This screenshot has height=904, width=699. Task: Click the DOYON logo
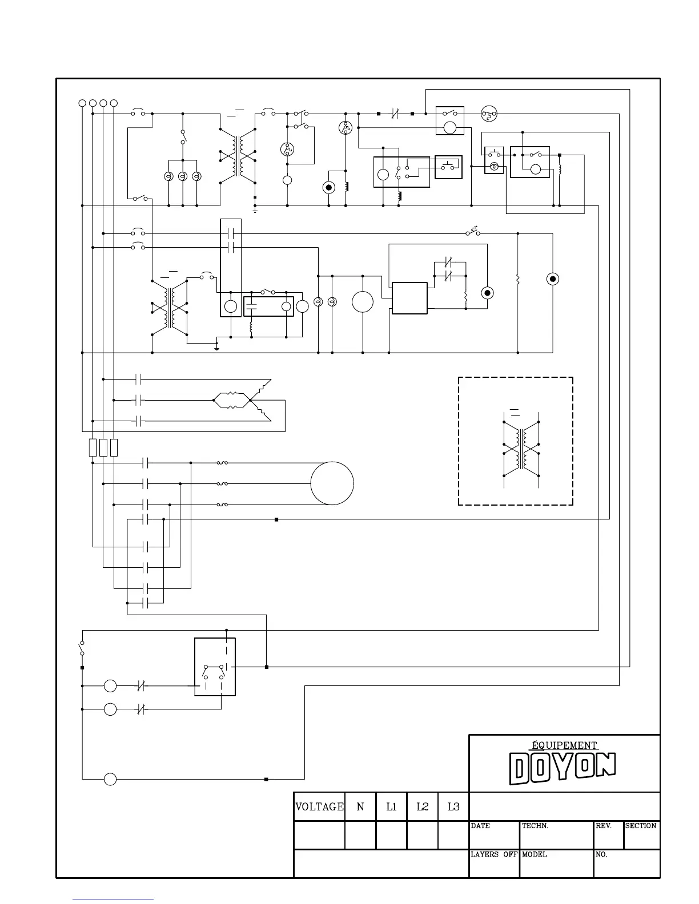point(563,768)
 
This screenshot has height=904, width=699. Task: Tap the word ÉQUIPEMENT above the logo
point(564,745)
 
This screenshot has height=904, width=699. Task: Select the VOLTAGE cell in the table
point(319,806)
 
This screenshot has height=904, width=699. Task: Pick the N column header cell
point(360,806)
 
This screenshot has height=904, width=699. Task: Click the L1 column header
point(391,806)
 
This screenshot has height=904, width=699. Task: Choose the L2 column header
point(422,806)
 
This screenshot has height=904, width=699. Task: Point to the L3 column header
point(453,806)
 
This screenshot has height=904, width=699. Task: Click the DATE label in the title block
point(480,826)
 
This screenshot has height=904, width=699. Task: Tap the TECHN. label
point(535,826)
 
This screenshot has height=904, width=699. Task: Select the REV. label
point(604,826)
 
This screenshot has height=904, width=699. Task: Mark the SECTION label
point(641,826)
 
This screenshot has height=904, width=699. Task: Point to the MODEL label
point(535,854)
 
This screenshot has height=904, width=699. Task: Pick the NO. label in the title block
point(602,854)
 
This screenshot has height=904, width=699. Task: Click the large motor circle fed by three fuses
point(332,483)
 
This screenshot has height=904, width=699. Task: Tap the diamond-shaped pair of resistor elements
point(231,400)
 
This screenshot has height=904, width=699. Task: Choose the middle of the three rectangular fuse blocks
point(103,447)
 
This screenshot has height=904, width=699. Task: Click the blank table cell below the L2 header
point(422,835)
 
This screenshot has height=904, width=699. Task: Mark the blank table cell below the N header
point(360,835)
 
